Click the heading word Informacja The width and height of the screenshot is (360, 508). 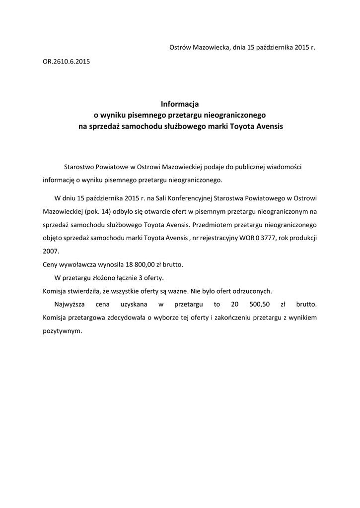180,104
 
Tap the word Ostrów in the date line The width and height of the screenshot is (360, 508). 181,48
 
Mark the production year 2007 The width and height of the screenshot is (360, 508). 51,251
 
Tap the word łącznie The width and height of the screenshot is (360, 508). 129,277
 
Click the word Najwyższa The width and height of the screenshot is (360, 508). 69,304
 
